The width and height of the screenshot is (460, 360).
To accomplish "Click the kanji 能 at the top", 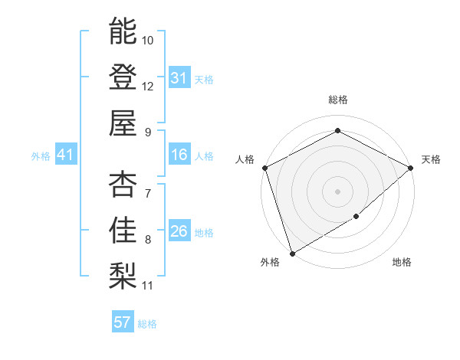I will (123, 31).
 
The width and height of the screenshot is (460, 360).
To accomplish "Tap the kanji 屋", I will (123, 123).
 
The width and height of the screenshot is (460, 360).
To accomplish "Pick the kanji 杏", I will (123, 184).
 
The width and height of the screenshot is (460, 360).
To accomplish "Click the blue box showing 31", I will (179, 78).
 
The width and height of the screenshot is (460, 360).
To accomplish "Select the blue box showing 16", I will (179, 155).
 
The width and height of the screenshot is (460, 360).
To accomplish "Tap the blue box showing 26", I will (179, 232).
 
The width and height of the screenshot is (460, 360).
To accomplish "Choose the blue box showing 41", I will (65, 155).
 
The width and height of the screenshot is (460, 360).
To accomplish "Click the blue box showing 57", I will (123, 322).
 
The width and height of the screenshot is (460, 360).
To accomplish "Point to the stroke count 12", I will (148, 87).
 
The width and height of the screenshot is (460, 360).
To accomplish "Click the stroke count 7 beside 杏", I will (147, 194).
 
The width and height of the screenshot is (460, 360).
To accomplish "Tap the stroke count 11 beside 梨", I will (148, 286).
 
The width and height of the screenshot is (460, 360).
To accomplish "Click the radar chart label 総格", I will (337, 100).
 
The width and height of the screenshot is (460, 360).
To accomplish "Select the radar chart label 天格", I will (431, 159).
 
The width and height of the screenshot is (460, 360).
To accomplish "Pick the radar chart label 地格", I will (402, 263).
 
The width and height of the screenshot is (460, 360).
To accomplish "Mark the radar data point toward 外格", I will (292, 253).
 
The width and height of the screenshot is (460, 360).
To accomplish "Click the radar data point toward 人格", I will (264, 168).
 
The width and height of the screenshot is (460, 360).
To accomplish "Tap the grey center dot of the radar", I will (337, 191).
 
